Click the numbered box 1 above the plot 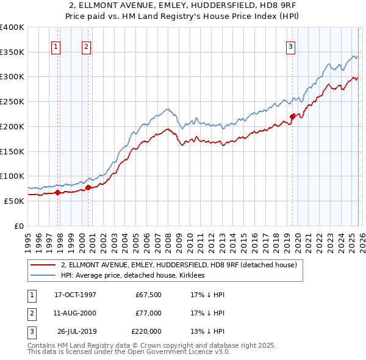56,46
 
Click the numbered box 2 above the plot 86,46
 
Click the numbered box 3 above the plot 290,46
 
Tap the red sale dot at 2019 292,116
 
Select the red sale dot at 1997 58,192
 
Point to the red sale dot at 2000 88,187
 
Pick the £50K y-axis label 14,201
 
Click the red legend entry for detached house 179,265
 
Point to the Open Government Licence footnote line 129,352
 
